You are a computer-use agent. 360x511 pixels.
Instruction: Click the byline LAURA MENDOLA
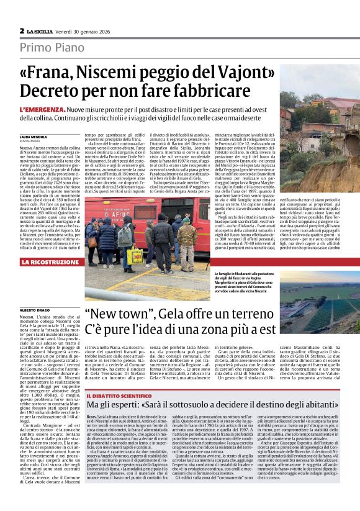click(x=33, y=135)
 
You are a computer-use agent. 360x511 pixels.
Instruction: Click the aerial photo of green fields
click(x=319, y=301)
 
